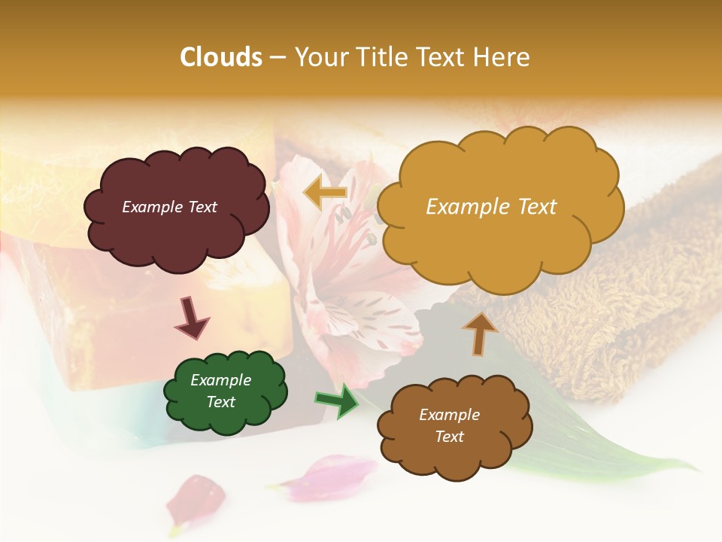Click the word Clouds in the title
pyautogui.click(x=220, y=57)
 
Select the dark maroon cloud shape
pyautogui.click(x=174, y=226)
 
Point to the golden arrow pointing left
pyautogui.click(x=326, y=193)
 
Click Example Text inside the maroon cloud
pyautogui.click(x=169, y=207)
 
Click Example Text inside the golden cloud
pyautogui.click(x=491, y=207)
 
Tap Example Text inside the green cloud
pyautogui.click(x=220, y=391)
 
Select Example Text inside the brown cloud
pyautogui.click(x=449, y=425)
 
